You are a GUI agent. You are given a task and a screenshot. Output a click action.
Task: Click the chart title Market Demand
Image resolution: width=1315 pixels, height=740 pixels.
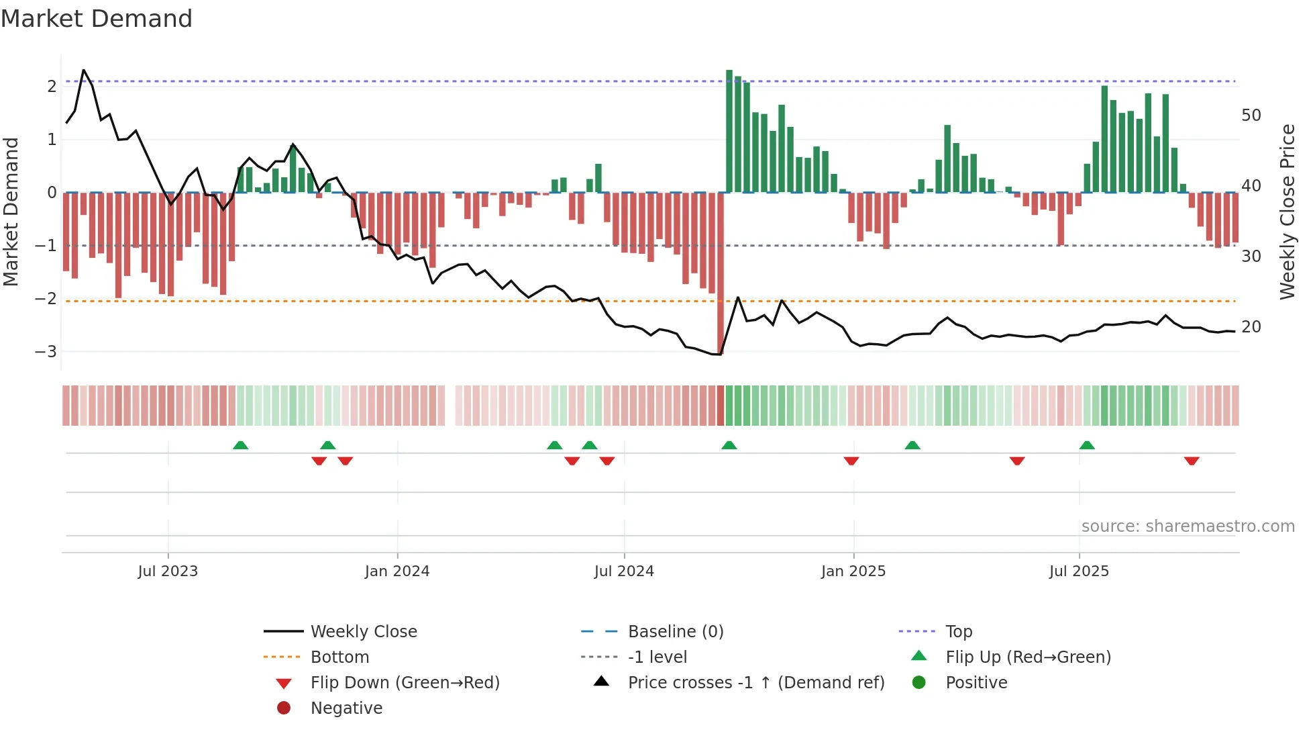click(x=97, y=19)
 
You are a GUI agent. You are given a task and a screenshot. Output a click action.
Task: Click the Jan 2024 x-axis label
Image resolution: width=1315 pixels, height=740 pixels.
click(x=397, y=571)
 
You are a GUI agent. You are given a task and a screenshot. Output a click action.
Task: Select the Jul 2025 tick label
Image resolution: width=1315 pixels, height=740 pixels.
click(x=1079, y=571)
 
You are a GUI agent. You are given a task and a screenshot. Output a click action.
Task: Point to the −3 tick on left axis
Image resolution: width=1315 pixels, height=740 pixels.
click(x=46, y=352)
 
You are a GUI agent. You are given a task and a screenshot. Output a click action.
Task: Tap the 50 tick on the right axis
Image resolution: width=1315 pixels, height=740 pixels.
click(x=1251, y=115)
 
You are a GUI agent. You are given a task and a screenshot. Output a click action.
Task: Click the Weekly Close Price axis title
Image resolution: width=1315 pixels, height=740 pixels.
click(x=1287, y=212)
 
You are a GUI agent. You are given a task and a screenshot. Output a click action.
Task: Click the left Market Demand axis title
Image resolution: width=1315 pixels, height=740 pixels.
click(x=11, y=212)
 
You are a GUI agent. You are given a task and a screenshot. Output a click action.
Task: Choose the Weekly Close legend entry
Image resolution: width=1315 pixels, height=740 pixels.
click(x=363, y=632)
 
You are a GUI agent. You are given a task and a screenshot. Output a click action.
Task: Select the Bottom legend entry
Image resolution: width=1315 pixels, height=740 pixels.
click(x=339, y=657)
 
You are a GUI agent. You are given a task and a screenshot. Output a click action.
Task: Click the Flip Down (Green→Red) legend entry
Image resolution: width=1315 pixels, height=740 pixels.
click(x=405, y=683)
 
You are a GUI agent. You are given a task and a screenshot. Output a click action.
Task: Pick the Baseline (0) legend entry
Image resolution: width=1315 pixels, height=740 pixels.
click(x=675, y=632)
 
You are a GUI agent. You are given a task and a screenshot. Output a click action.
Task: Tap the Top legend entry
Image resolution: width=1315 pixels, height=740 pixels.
click(x=959, y=632)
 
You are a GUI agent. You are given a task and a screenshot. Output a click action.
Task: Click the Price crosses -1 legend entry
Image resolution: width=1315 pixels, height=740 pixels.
click(x=755, y=683)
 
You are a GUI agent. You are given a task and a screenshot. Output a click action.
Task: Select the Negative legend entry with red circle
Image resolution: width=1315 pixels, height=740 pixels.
click(x=346, y=708)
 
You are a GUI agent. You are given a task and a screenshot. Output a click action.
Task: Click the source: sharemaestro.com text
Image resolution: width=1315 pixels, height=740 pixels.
click(x=1188, y=526)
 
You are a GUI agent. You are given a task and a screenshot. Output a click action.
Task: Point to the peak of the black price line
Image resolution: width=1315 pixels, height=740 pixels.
click(x=83, y=70)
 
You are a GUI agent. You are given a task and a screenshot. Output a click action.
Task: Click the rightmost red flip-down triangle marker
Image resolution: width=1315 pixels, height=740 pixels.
click(x=1192, y=461)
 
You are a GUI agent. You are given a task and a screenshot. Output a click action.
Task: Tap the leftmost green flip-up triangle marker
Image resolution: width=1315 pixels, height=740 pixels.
click(x=240, y=445)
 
